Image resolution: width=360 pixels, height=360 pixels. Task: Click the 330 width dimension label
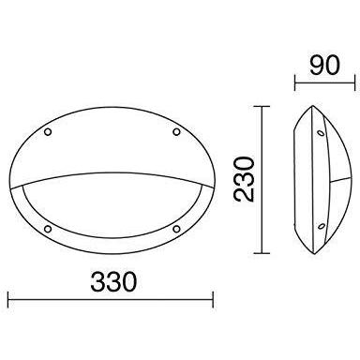tap(113, 281)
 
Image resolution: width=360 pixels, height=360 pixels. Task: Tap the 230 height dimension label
tap(245, 179)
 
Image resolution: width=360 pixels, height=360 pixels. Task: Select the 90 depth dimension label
tap(324, 66)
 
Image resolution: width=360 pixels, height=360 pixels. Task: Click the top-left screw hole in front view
tap(48, 132)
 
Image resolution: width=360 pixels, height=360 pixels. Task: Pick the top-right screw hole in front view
tap(176, 132)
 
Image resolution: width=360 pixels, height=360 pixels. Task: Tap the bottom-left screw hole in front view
tap(48, 229)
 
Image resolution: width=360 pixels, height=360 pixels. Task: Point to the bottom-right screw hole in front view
tap(176, 229)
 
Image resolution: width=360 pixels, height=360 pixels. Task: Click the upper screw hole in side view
tap(321, 133)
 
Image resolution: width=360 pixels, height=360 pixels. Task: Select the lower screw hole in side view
tap(321, 226)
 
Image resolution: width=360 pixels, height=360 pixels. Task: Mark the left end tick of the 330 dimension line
tap(8, 300)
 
